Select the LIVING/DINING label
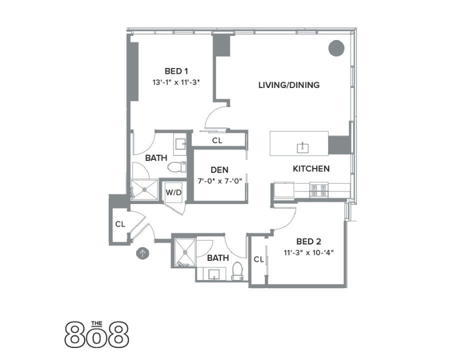(288, 85)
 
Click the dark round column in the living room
(336, 48)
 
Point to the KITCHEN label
(311, 168)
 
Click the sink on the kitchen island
(302, 147)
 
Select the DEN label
(219, 170)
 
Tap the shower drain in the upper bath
(144, 189)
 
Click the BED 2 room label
(308, 240)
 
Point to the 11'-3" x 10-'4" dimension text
(308, 252)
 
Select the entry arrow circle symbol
(143, 253)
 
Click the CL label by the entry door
(120, 224)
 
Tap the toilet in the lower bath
(238, 269)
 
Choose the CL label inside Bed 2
(258, 259)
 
